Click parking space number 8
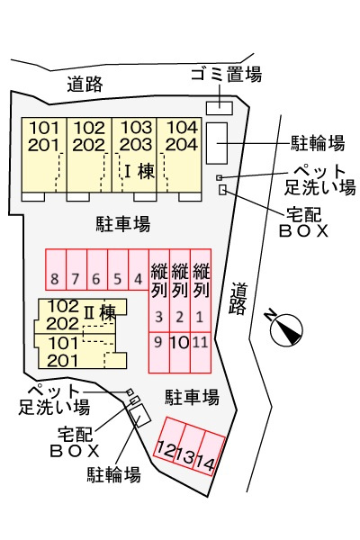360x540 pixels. (56, 269)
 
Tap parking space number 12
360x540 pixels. (168, 438)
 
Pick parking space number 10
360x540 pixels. (180, 352)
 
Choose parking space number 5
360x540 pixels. (118, 269)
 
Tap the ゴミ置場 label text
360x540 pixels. (226, 75)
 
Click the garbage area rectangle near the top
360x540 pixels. (220, 108)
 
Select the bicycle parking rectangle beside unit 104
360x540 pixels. (217, 143)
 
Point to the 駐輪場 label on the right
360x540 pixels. (318, 143)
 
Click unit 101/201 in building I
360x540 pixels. (44, 155)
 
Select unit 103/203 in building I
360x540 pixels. (134, 155)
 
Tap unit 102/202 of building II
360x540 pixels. (63, 315)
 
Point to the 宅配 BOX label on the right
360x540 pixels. (304, 223)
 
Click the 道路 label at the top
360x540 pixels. (85, 84)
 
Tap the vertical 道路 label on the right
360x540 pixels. (238, 299)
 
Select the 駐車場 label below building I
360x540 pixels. (123, 224)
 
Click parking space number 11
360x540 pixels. (201, 352)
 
